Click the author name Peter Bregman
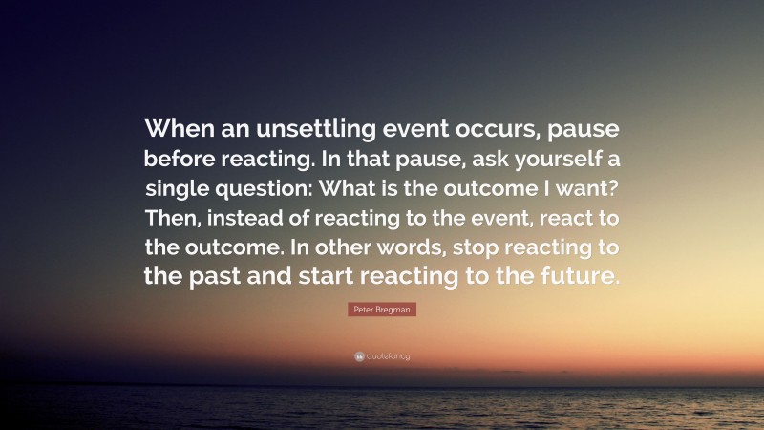[382, 311]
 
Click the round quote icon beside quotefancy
[359, 356]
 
